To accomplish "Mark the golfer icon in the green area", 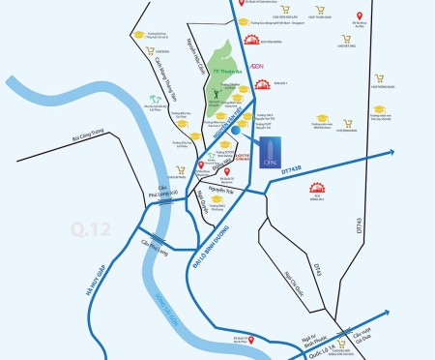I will (x=217, y=94).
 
